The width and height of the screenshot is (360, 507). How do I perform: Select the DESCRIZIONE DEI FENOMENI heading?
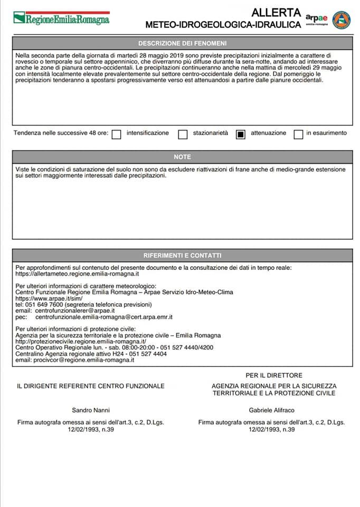coord(182,43)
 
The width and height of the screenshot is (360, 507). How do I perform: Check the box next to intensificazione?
coord(117,134)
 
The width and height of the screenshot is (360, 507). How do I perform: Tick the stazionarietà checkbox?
coord(183,134)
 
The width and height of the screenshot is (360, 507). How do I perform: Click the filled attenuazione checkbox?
coord(241,134)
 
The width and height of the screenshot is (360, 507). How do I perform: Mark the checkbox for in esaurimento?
coord(298,134)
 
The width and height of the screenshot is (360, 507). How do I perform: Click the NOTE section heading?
coord(182,157)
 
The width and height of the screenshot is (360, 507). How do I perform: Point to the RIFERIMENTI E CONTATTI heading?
coord(182,255)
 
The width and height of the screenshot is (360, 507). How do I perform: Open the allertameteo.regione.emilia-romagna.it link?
coord(77,275)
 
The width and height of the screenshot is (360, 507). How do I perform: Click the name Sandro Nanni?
coord(91,410)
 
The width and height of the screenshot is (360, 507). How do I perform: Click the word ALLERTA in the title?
coord(276,12)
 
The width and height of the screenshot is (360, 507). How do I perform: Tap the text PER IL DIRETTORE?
coord(273,375)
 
